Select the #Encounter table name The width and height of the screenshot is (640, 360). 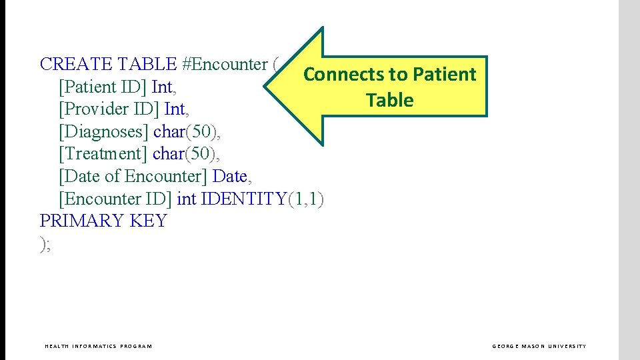pos(224,65)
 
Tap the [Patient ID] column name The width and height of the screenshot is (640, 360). pos(103,87)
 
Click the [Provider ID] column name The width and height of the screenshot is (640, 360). pos(109,109)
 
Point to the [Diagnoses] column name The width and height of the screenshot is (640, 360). pos(104,131)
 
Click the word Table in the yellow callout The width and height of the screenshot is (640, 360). pos(389,101)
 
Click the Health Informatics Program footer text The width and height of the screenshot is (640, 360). pos(98,346)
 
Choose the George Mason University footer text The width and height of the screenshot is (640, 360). pos(539,346)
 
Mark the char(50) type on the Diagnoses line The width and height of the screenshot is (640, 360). pos(185,131)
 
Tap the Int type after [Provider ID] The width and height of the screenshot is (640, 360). pos(175,109)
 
